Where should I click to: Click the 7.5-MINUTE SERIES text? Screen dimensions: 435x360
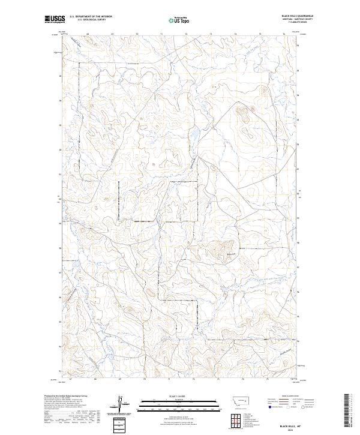pos(288,23)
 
